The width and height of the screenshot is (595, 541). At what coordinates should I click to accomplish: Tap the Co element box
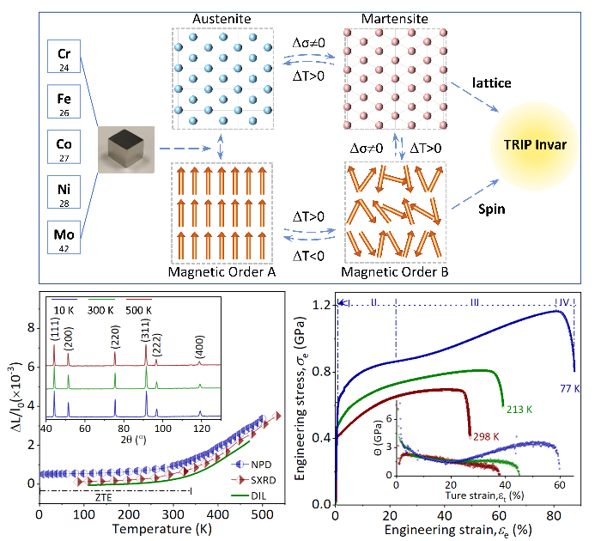pyautogui.click(x=64, y=149)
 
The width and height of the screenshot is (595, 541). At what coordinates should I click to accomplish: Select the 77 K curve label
pyautogui.click(x=571, y=387)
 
